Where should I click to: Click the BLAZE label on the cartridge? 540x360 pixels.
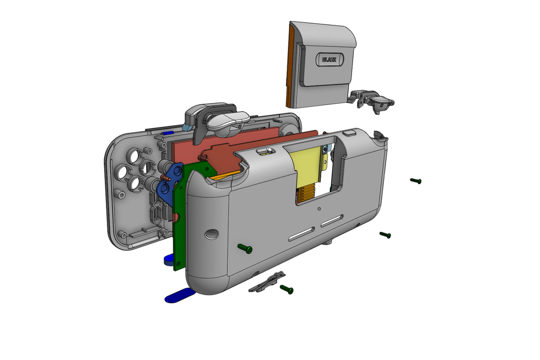pyautogui.click(x=329, y=59)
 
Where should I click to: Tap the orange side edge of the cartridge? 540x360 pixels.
pyautogui.click(x=290, y=65)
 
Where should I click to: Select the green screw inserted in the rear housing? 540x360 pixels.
pyautogui.click(x=245, y=248)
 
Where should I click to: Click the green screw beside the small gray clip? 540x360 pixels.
pyautogui.click(x=287, y=289)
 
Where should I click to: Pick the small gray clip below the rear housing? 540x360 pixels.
pyautogui.click(x=267, y=282)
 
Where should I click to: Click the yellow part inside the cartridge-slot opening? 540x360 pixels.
pyautogui.click(x=308, y=165)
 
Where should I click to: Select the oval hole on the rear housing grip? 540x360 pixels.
pyautogui.click(x=212, y=234)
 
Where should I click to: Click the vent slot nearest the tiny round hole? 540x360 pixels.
pyautogui.click(x=332, y=221)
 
